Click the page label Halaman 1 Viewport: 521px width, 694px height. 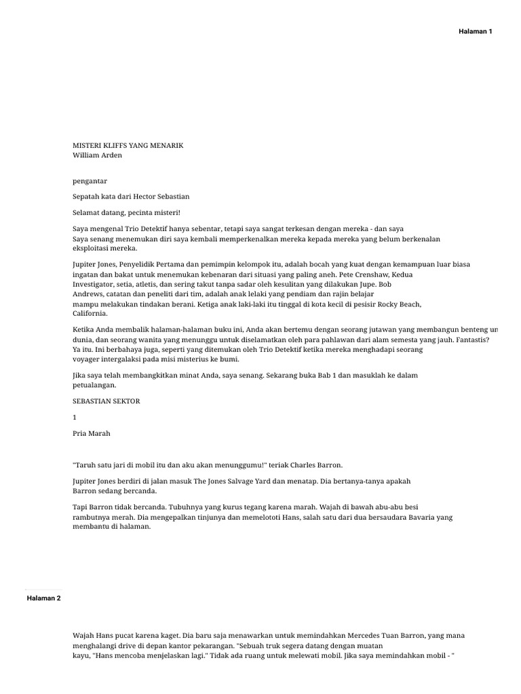[x=476, y=32]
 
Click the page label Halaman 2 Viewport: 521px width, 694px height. [x=44, y=598]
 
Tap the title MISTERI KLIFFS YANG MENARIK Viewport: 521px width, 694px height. [x=128, y=146]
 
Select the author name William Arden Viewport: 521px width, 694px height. [x=98, y=155]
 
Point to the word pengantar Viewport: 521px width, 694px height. [x=90, y=181]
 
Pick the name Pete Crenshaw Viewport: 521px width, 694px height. [x=364, y=274]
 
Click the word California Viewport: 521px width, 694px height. [x=90, y=314]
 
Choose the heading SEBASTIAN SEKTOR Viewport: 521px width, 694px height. [x=106, y=401]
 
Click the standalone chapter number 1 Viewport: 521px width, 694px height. [x=75, y=417]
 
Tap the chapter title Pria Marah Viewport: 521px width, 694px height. [x=91, y=433]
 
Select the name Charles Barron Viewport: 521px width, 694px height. [x=319, y=465]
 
